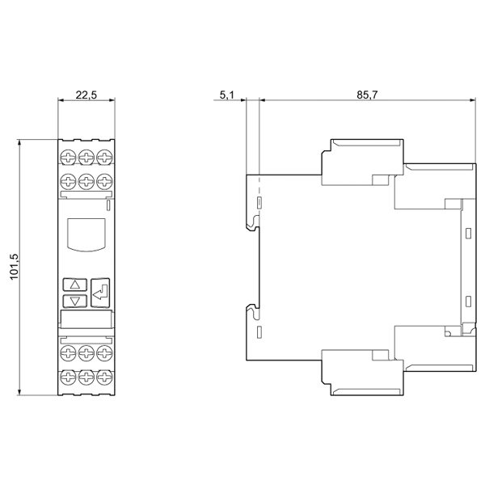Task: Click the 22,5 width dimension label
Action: (x=86, y=95)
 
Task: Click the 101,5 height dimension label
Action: (x=15, y=267)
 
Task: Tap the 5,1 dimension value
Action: (x=227, y=95)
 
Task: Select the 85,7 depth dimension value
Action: (x=367, y=95)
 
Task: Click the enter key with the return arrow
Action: (x=100, y=293)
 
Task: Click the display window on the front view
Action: (x=86, y=234)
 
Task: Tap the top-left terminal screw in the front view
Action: (x=68, y=157)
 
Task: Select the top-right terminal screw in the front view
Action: (x=104, y=157)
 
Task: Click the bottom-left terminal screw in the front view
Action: (x=68, y=377)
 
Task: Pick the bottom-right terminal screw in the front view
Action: (x=104, y=377)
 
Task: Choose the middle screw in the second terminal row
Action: (x=86, y=181)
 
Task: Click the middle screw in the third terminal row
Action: (x=86, y=353)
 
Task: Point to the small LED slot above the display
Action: (x=108, y=205)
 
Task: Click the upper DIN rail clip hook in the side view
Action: (x=253, y=223)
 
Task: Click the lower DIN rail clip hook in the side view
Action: (x=253, y=311)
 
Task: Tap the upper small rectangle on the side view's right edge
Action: (x=468, y=234)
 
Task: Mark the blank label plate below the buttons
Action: (x=86, y=319)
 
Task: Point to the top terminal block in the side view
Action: (x=362, y=162)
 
